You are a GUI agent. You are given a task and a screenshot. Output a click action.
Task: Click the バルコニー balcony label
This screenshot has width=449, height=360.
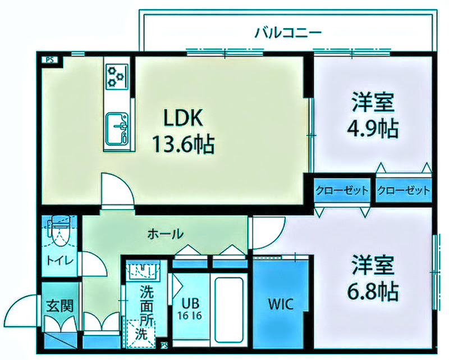(288, 32)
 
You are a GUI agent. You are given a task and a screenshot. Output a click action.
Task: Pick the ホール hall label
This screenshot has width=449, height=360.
(165, 233)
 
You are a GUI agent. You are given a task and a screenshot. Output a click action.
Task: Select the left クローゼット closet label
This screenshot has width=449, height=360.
(342, 190)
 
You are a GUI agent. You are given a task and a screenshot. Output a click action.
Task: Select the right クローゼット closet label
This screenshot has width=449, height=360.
(404, 190)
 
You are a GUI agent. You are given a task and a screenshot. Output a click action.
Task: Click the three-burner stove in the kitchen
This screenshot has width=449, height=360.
(117, 76)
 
